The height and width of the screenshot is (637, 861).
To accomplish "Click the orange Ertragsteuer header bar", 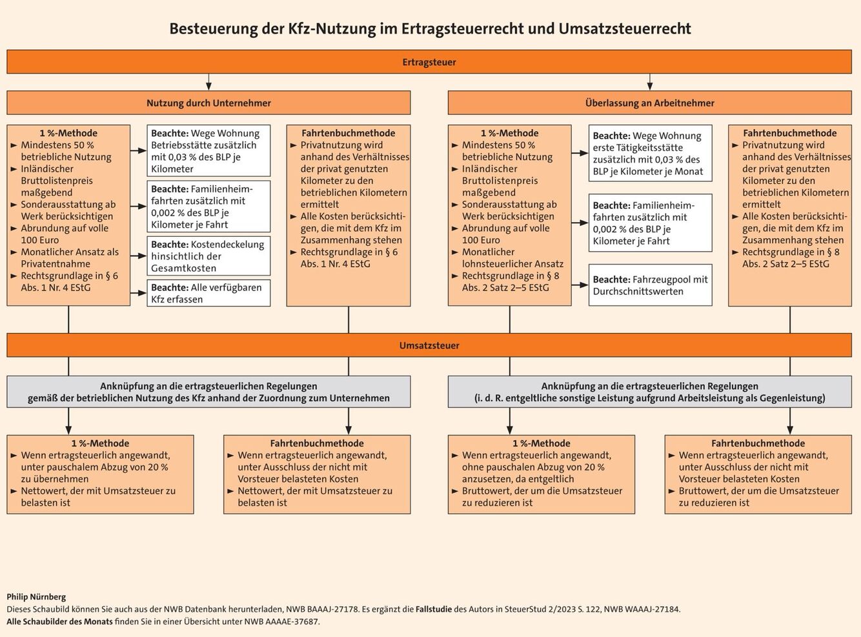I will pos(429,62).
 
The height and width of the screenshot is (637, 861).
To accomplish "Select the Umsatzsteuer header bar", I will pos(429,345).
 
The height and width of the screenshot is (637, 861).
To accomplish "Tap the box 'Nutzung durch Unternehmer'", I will pos(208,103).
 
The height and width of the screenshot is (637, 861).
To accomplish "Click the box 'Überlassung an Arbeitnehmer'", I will pos(649,103).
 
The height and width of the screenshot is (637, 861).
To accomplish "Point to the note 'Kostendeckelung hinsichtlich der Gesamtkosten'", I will pos(208,256).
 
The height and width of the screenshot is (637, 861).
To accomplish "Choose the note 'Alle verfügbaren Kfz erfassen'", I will pos(208,293).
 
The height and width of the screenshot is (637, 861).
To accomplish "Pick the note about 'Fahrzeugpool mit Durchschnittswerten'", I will pos(650,285).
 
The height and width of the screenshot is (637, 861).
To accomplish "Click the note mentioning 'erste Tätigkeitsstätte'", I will pos(650,154).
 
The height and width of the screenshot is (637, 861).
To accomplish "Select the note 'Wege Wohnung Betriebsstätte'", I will pos(208,151).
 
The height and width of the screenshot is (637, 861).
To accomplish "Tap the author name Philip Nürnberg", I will pos(36,597).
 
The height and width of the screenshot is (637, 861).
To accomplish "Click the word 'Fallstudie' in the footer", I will pos(436,609).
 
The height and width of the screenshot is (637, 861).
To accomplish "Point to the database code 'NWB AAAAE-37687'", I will pos(281,622).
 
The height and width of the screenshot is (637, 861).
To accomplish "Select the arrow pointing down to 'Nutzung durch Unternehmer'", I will pos(208,82).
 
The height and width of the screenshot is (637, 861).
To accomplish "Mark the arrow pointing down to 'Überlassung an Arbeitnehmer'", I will pos(649,82).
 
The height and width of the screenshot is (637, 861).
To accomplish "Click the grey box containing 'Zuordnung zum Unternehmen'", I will pos(208,392).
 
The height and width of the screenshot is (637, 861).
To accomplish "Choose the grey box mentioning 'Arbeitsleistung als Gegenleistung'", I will pos(649,392).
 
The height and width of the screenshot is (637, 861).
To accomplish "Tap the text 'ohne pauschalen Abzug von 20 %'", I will pos(533,467).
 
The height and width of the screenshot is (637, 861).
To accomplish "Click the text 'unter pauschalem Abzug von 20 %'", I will pos(94,467).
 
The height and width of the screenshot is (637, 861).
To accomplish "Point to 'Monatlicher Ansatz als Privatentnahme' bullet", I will pos(70,258).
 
